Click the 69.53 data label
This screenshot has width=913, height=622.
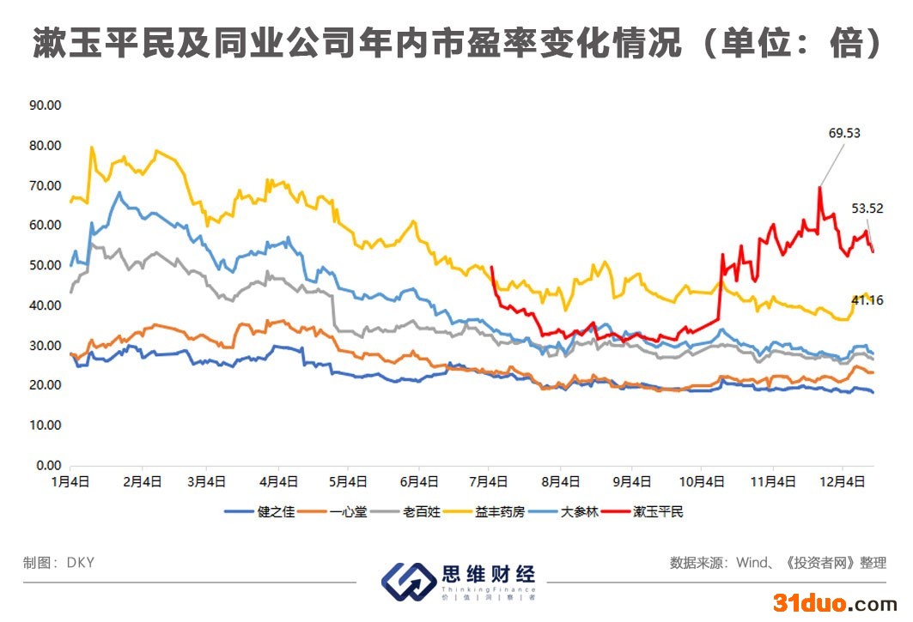pos(844,133)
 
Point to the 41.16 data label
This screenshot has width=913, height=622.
pos(867,299)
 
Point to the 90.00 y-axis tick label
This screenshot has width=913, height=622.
pos(46,106)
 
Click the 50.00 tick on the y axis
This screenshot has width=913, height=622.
pos(46,265)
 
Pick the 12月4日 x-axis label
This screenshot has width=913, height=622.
pos(843,482)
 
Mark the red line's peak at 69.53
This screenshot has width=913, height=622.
pos(819,187)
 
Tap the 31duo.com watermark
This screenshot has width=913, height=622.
pos(835,602)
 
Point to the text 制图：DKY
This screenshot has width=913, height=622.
pos(59,563)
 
